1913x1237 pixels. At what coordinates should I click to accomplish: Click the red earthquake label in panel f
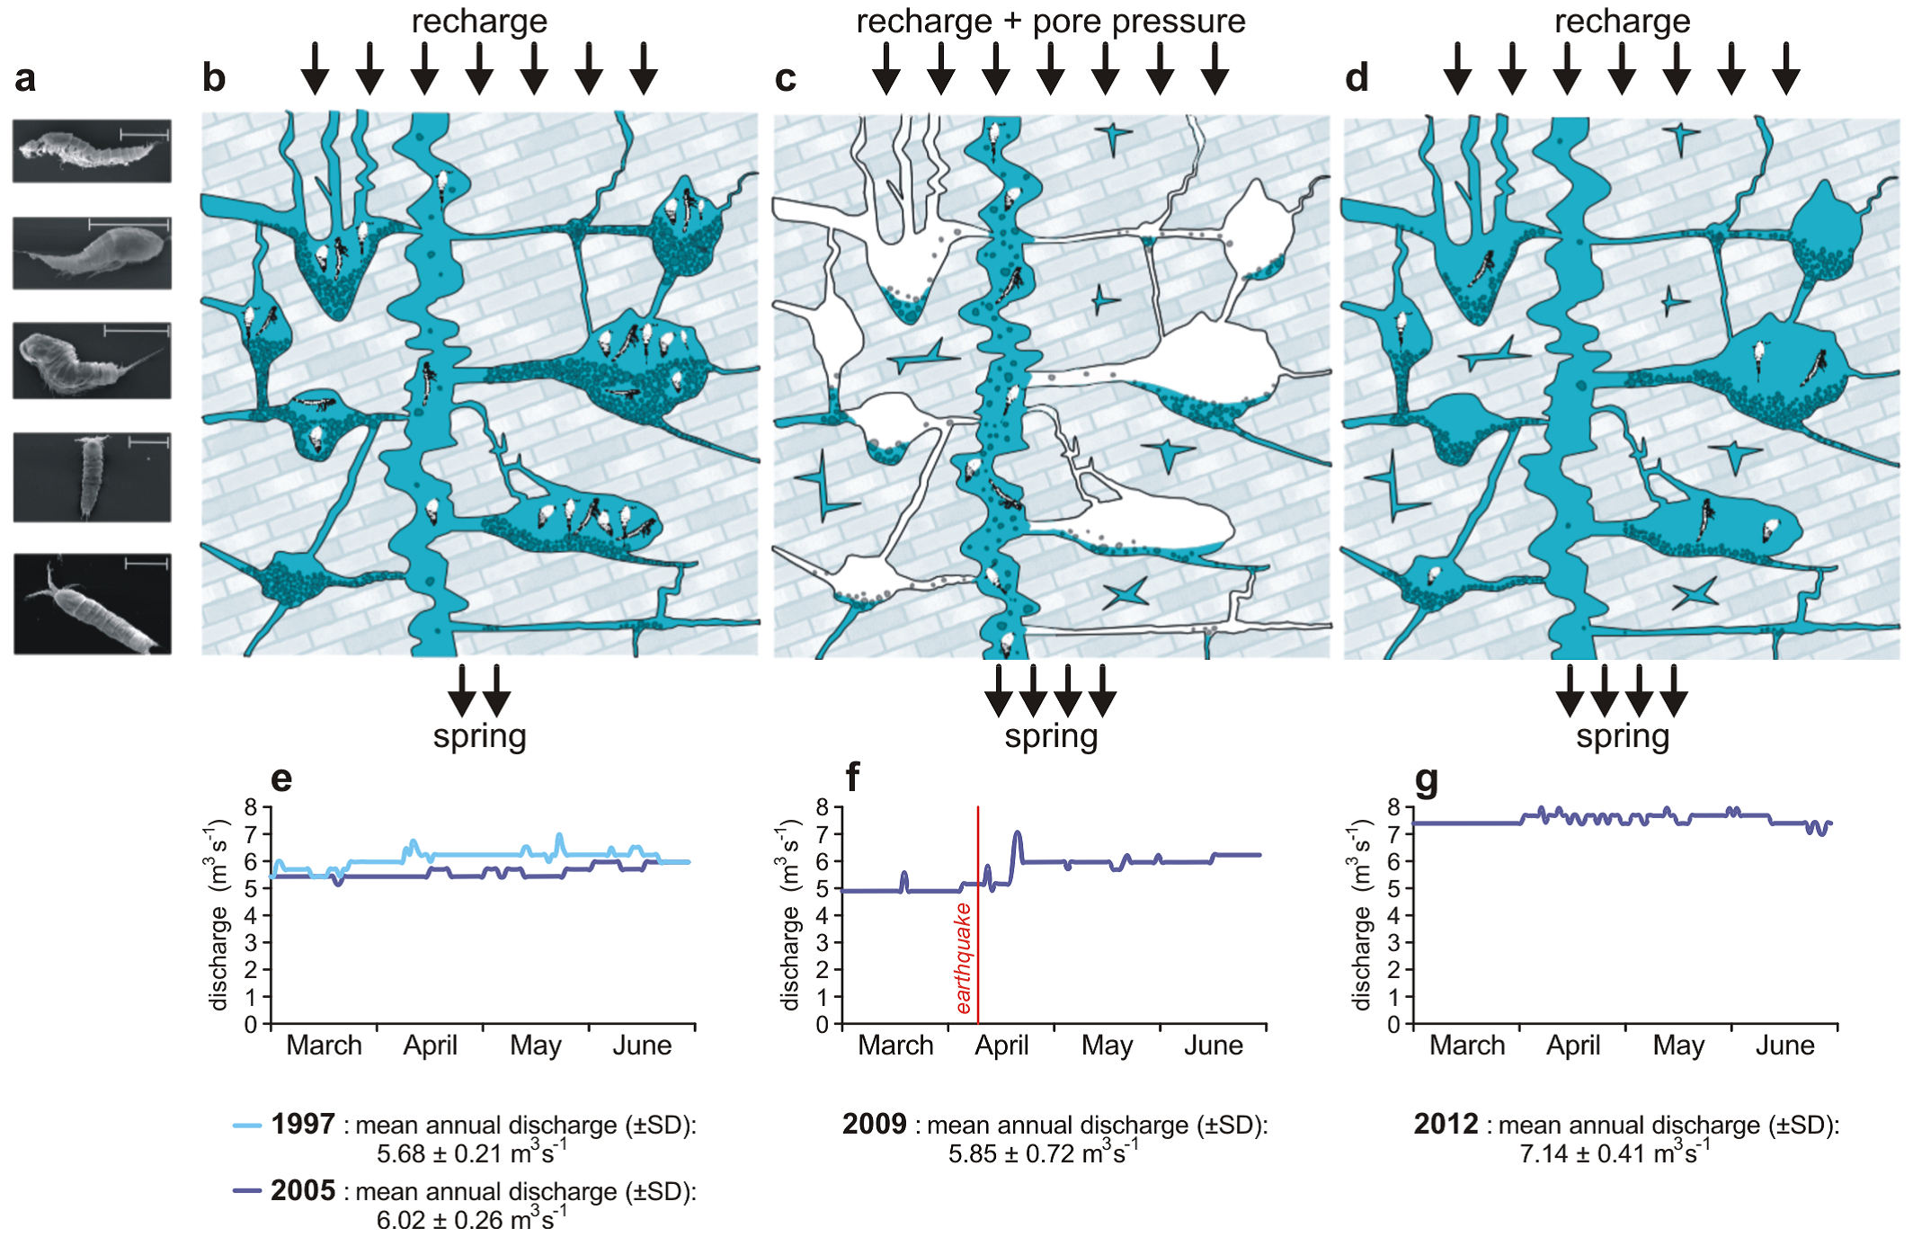tap(964, 958)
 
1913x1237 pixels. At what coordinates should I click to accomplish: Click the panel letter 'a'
tap(25, 79)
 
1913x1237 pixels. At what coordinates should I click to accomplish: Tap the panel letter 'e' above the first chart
tap(281, 779)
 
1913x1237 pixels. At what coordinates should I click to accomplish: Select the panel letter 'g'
tap(1426, 780)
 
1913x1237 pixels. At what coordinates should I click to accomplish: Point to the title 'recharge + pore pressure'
tap(1050, 22)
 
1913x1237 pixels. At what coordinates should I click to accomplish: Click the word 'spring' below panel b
tap(479, 736)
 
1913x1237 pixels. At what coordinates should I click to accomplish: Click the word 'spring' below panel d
tap(1622, 736)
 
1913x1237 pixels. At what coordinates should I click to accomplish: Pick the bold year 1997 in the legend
tap(303, 1124)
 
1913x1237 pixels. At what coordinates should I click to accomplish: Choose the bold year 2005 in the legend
tap(303, 1190)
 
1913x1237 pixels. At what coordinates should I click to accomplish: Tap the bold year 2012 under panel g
tap(1446, 1124)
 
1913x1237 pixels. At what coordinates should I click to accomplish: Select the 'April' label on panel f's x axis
tap(1001, 1046)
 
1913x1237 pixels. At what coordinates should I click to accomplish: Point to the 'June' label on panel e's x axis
tap(642, 1046)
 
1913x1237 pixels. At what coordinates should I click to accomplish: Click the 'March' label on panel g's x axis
tap(1467, 1046)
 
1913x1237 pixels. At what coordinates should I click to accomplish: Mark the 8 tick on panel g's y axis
tap(1393, 807)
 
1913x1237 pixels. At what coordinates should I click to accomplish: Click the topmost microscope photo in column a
tap(92, 151)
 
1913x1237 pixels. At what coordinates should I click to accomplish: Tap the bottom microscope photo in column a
tap(92, 604)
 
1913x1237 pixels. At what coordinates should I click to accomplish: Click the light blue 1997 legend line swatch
tap(247, 1125)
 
